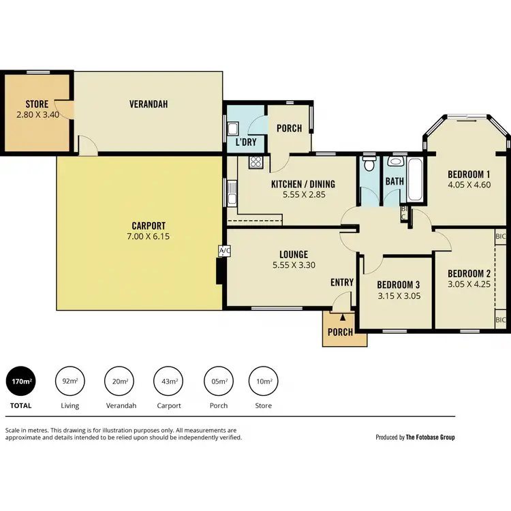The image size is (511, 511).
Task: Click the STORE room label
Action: (37, 104)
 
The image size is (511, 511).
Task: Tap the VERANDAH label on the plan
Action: (149, 104)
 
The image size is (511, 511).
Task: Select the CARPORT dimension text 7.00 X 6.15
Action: (149, 236)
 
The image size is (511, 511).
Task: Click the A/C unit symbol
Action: (223, 251)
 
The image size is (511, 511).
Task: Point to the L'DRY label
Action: (245, 142)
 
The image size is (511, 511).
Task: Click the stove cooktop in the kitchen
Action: (256, 162)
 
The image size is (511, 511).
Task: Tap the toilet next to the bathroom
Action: (369, 164)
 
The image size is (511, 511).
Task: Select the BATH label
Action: (394, 181)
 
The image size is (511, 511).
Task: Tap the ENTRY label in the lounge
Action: (342, 282)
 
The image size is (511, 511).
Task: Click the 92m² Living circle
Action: (69, 382)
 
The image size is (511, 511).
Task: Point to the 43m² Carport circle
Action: (168, 382)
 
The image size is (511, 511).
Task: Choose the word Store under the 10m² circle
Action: (263, 405)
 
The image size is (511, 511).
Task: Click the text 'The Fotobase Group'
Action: (430, 437)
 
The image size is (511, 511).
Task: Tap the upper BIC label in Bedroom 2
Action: (501, 236)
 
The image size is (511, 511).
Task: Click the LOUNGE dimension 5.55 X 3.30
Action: (293, 266)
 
